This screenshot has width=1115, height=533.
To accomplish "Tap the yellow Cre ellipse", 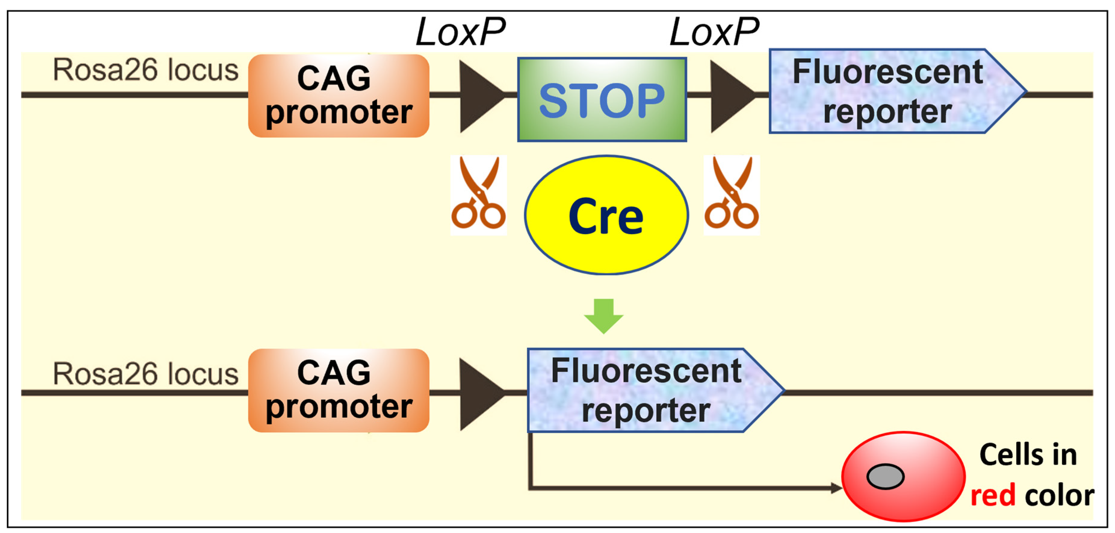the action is point(606,215).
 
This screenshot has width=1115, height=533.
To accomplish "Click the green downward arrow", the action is point(603,316).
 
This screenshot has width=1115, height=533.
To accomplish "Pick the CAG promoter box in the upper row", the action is point(339,96).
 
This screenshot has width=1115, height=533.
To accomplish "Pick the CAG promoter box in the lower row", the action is point(339,390).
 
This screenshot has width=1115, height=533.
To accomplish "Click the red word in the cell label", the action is point(993,495).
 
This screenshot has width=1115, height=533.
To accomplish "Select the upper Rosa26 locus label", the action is point(145,70).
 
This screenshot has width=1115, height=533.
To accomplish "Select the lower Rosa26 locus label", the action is point(145,374).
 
